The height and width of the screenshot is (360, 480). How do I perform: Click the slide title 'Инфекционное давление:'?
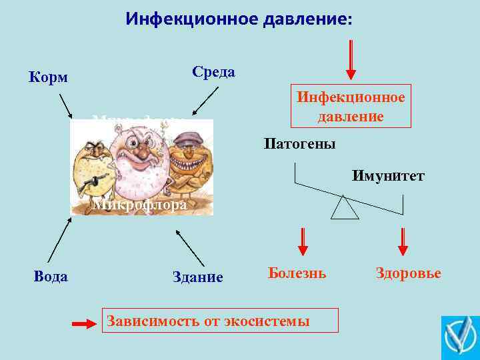click(239, 19)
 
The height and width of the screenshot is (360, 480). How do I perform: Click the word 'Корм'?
click(48, 77)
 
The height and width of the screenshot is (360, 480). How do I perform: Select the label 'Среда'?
click(213, 72)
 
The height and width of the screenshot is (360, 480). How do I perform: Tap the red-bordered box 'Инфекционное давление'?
click(351, 107)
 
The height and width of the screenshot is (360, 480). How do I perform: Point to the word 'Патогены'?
click(299, 144)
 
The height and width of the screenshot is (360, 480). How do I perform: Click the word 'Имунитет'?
click(389, 176)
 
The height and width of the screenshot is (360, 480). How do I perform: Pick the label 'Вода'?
click(51, 276)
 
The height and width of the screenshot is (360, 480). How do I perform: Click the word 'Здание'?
click(197, 277)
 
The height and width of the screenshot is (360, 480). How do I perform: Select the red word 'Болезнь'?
click(297, 273)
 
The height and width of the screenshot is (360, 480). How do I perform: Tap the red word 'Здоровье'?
click(408, 273)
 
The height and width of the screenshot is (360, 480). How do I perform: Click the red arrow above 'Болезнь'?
click(303, 241)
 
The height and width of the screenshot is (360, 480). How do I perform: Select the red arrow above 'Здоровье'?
click(403, 241)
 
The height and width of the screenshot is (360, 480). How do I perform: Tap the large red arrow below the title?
click(351, 59)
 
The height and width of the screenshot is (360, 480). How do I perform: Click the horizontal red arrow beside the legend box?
click(85, 324)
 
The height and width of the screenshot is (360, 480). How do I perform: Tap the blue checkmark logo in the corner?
click(460, 337)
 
